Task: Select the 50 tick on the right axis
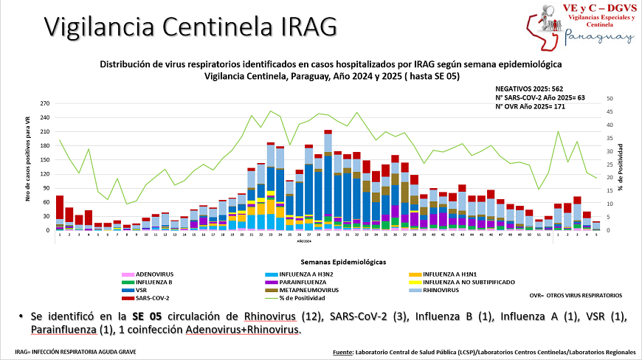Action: (x=608, y=99)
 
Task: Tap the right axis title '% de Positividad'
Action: (x=621, y=167)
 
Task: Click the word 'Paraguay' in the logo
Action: (x=598, y=37)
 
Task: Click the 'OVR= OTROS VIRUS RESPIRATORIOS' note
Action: (x=576, y=295)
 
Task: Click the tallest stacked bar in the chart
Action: (x=328, y=181)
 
